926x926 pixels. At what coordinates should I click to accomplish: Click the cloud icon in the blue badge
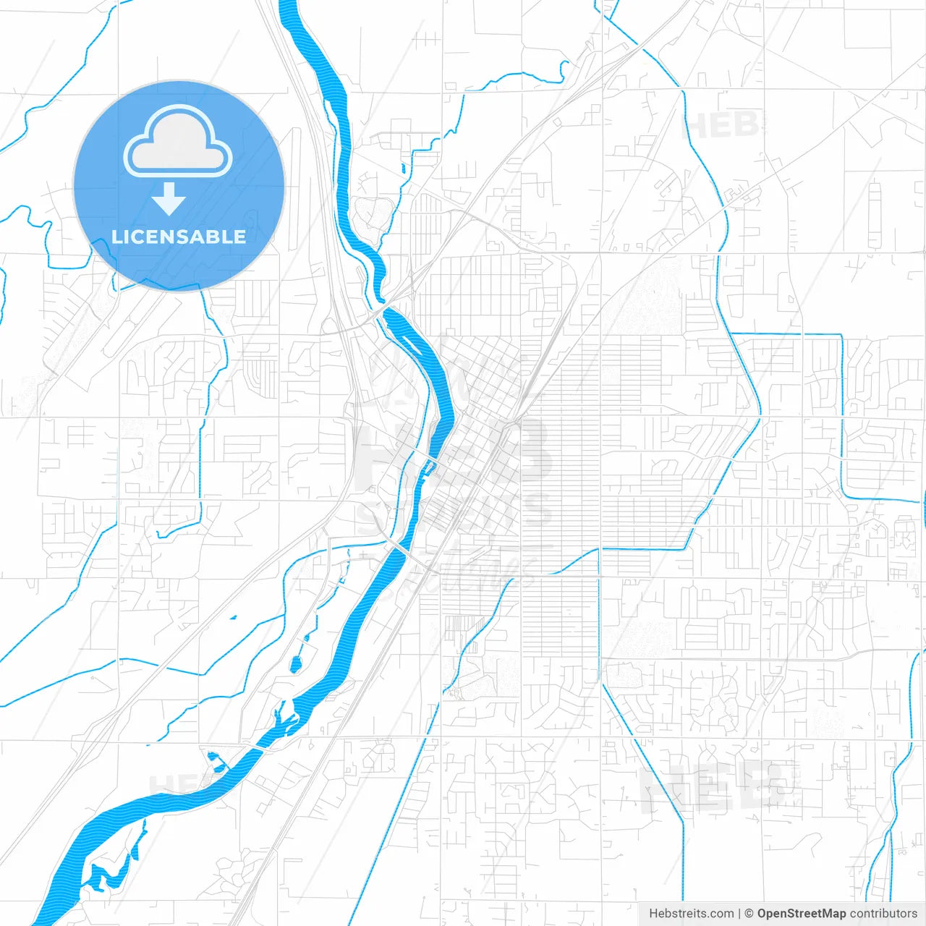pos(178,142)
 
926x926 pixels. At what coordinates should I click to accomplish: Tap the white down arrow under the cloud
pos(169,198)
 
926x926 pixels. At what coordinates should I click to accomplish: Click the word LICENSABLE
pos(179,237)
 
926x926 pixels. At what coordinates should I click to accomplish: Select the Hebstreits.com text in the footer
pos(691,914)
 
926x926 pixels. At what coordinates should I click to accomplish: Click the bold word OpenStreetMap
pos(802,914)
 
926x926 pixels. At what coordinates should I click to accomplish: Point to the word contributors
pos(883,914)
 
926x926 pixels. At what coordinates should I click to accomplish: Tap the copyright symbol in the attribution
pos(749,914)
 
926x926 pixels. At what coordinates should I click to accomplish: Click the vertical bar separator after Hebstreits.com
pos(739,914)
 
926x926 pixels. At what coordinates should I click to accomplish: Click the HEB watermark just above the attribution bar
pos(713,785)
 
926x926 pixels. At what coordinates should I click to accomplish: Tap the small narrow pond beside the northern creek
pos(404,169)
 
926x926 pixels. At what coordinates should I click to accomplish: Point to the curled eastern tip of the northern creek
pos(564,70)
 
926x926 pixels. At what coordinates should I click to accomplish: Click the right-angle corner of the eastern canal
pos(841,335)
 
